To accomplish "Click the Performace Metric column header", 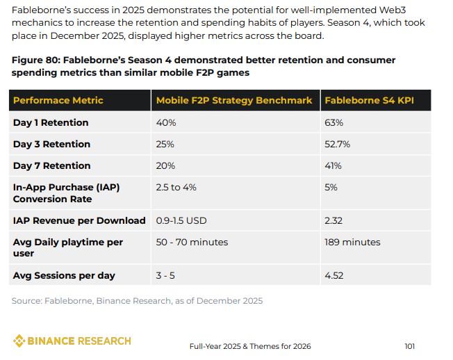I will [x=58, y=100].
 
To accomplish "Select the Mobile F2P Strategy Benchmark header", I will [x=233, y=100].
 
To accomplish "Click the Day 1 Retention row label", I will [x=51, y=122].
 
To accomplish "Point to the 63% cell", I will [x=334, y=122].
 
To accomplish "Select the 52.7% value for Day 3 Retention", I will [x=337, y=144].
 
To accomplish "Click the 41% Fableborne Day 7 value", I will [x=333, y=165].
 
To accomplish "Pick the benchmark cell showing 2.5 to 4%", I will [x=177, y=187].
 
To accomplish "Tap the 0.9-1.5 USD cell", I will [x=181, y=220].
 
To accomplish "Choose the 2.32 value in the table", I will [x=334, y=220].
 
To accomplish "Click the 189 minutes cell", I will [x=352, y=242].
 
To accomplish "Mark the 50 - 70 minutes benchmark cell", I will [x=192, y=242].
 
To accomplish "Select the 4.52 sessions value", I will [x=335, y=275].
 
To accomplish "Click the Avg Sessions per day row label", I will [x=64, y=275].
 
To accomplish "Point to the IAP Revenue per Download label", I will [x=79, y=220].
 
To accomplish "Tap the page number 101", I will [x=409, y=345].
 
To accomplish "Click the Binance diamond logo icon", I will [x=19, y=341].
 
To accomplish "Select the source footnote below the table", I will [x=137, y=300].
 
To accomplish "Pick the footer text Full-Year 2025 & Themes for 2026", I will [x=250, y=345].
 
